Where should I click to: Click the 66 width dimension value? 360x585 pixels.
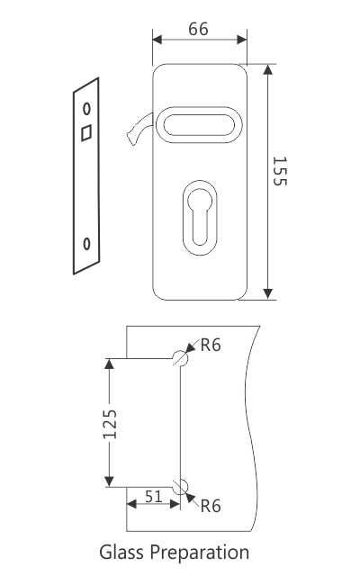click(x=198, y=29)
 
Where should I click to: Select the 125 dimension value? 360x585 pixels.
click(x=109, y=423)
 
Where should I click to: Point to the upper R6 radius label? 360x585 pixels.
click(x=211, y=345)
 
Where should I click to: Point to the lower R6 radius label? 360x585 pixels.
click(x=210, y=506)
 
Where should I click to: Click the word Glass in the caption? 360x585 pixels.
click(x=121, y=552)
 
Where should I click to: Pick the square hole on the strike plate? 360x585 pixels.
click(x=86, y=132)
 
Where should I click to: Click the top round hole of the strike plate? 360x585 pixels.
click(x=86, y=108)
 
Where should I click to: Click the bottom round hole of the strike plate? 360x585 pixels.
click(x=86, y=243)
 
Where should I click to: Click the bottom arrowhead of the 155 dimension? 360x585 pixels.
click(x=267, y=293)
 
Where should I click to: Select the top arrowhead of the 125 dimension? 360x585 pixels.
click(x=109, y=364)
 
